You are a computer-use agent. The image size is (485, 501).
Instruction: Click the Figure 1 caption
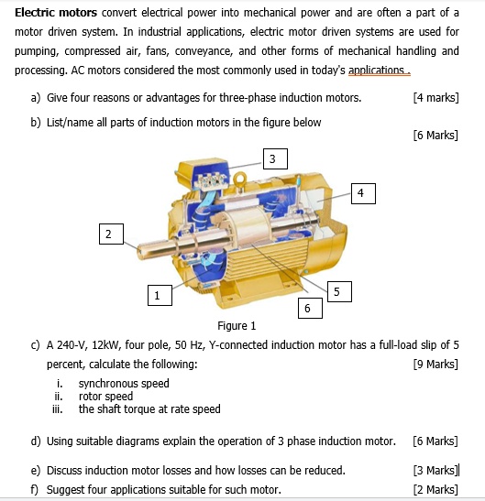click(237, 326)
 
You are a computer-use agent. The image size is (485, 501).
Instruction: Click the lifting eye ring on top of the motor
click(240, 178)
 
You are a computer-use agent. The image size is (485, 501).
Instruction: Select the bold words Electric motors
click(56, 13)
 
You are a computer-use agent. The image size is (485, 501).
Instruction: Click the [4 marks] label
click(435, 97)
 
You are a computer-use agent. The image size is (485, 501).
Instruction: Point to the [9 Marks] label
click(435, 364)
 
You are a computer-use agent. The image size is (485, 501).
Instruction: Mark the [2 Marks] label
click(435, 489)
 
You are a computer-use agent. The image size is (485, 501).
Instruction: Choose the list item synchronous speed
click(124, 384)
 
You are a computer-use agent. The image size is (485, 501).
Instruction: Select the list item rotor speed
click(105, 397)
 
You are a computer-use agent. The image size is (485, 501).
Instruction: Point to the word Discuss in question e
click(64, 471)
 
